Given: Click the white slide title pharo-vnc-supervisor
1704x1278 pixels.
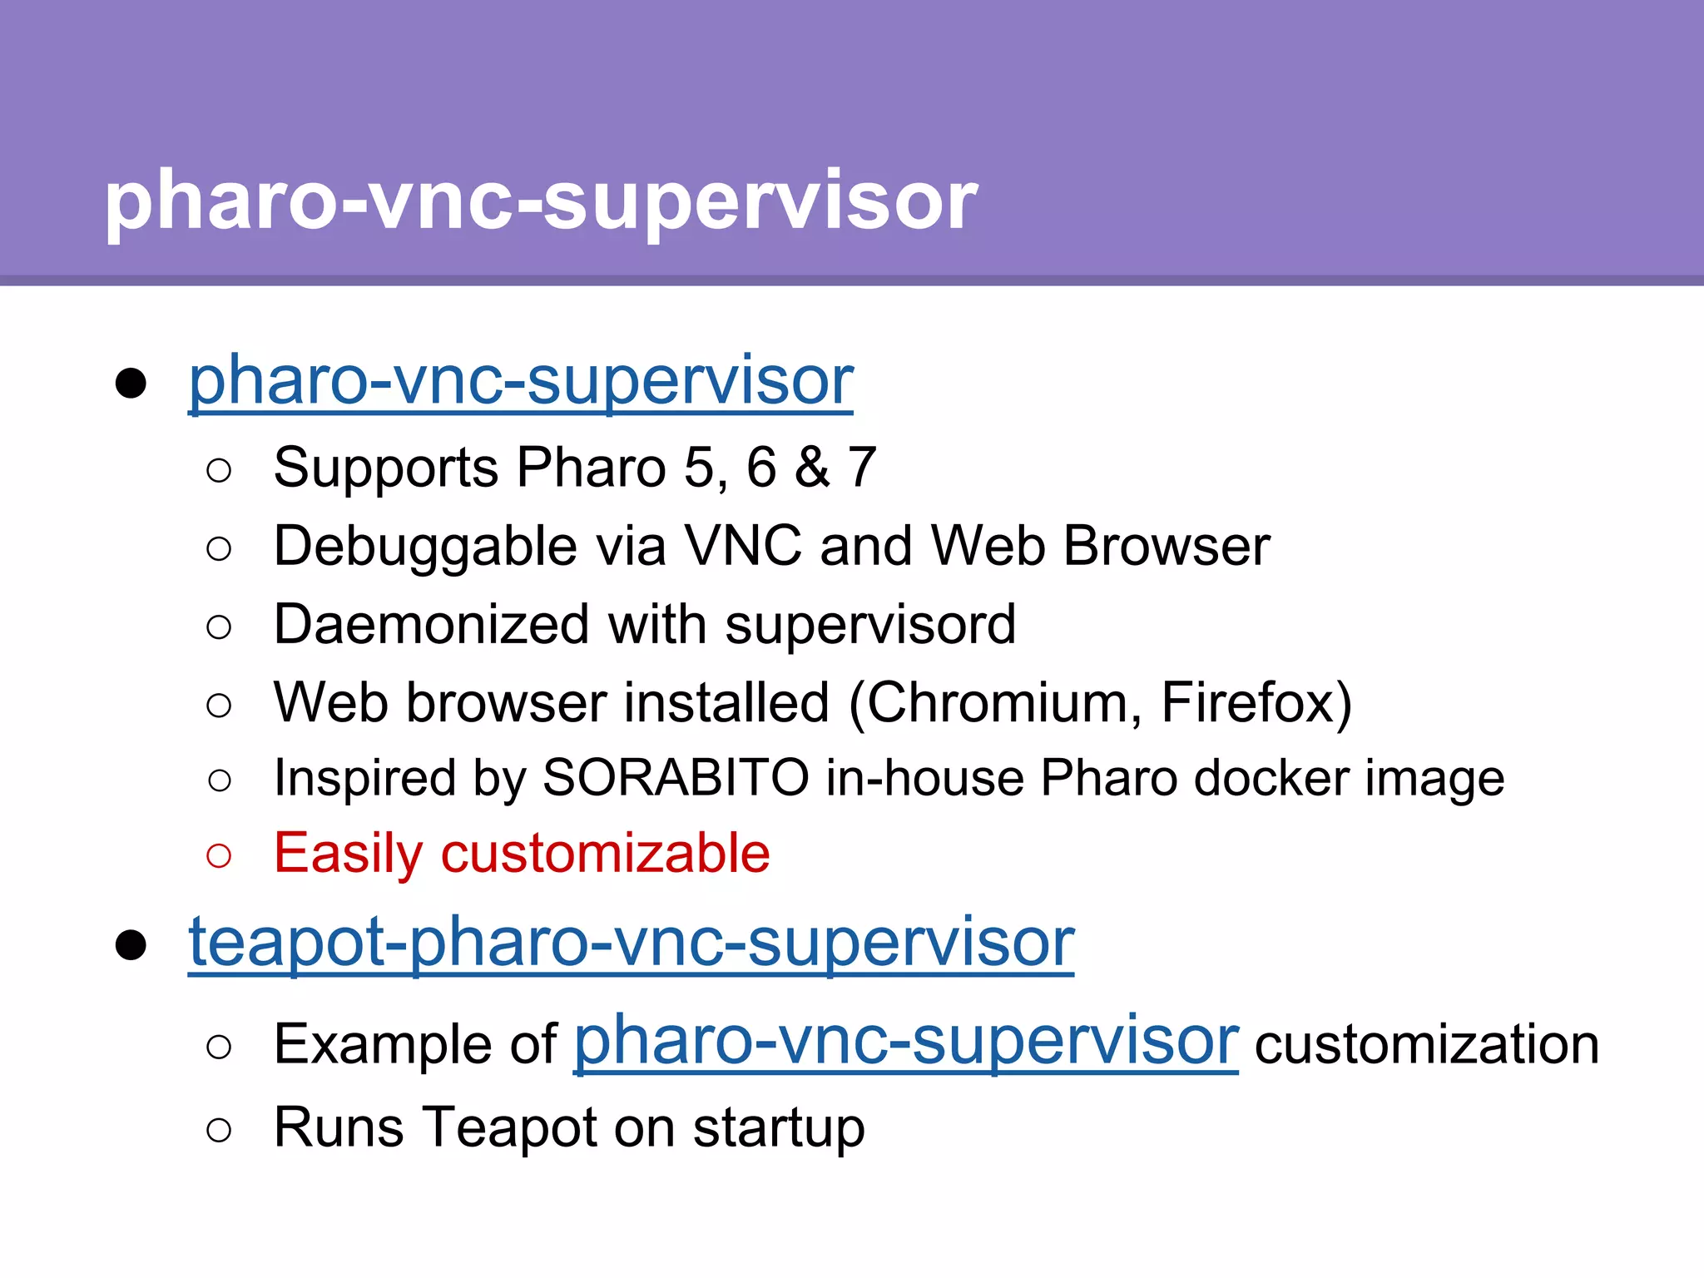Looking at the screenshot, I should [541, 201].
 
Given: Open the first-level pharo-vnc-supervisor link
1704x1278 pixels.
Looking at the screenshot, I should [521, 381].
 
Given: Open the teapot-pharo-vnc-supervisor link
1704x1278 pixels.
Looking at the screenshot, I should [631, 943].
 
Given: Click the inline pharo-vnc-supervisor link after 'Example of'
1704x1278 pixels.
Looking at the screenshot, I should [906, 1042].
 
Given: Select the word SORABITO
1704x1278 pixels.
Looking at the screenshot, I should [676, 779].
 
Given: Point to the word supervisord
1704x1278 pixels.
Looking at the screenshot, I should [870, 625].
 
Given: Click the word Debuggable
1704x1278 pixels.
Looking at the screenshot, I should [425, 547].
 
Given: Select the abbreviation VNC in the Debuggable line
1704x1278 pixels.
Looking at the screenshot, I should [742, 547].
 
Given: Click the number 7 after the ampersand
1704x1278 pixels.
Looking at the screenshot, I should [862, 468].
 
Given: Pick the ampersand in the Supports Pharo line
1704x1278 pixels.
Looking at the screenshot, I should [812, 468].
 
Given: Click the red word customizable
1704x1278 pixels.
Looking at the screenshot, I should [605, 854].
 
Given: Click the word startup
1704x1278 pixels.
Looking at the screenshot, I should [779, 1130].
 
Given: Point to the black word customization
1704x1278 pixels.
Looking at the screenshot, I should [1426, 1045].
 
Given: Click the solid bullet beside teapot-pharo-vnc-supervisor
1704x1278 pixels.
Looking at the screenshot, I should [131, 945].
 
